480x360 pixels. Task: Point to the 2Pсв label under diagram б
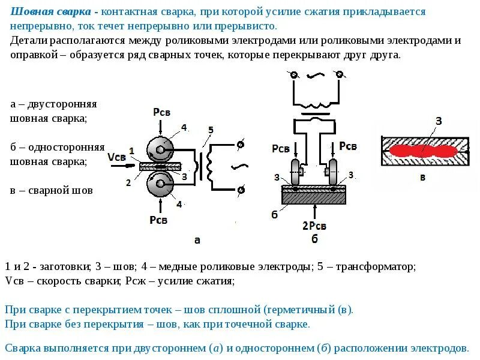click(x=314, y=226)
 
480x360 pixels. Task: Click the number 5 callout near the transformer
click(x=210, y=130)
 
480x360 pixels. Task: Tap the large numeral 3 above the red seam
click(x=438, y=121)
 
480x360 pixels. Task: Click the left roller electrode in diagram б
click(x=295, y=171)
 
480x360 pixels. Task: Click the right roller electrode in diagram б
click(x=330, y=171)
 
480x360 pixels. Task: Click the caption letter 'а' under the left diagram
click(x=197, y=240)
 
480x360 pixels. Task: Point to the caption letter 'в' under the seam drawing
click(x=423, y=177)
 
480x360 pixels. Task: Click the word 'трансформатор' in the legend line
click(x=375, y=266)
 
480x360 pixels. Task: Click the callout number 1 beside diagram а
click(x=131, y=150)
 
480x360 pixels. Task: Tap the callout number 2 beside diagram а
click(x=128, y=182)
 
